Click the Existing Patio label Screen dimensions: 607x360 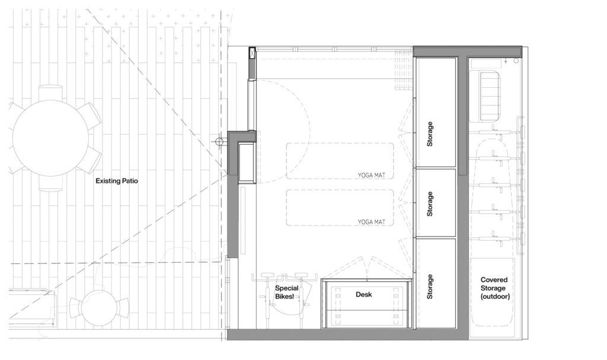click(x=117, y=181)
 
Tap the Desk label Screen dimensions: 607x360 click(x=363, y=295)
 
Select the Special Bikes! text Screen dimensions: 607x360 click(x=287, y=292)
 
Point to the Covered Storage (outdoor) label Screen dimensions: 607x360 click(x=494, y=288)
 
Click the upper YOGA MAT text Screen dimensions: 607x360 click(x=371, y=175)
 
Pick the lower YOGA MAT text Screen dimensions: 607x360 click(x=371, y=222)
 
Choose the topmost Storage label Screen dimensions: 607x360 click(x=430, y=134)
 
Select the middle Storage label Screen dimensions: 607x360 click(x=430, y=204)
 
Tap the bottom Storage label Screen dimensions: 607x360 click(x=430, y=287)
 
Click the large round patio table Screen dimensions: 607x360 click(x=50, y=138)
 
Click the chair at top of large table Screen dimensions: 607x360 click(x=50, y=93)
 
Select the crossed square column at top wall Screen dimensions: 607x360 click(x=252, y=53)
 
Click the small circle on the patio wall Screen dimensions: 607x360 click(x=219, y=141)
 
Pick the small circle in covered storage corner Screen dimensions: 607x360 click(x=516, y=61)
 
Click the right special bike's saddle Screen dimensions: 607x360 click(x=301, y=275)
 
